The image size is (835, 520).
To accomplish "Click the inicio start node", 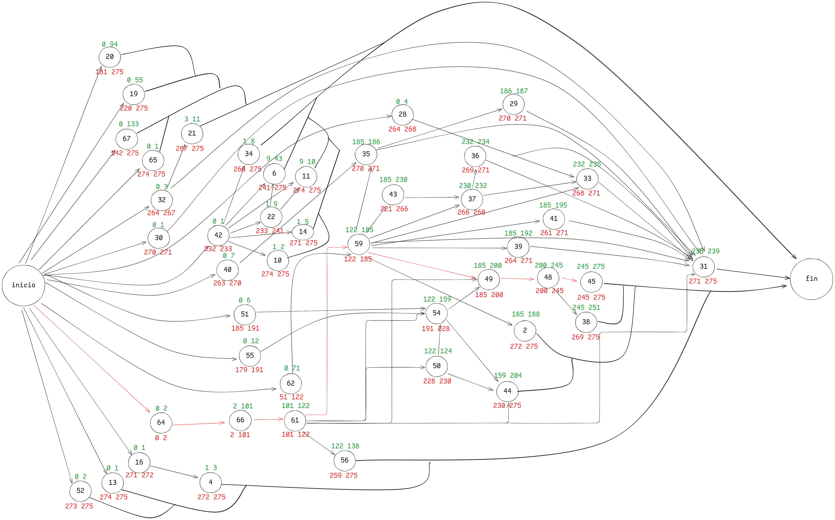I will coord(23,285).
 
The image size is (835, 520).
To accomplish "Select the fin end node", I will coord(811,279).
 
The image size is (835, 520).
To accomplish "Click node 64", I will coord(161,422).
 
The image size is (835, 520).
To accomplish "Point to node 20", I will coord(110,57).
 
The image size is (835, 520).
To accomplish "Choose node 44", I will coord(507,391).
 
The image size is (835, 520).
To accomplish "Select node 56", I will coord(345,460).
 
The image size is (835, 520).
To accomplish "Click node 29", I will coord(514,104).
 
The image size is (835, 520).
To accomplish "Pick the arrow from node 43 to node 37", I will coord(432,197).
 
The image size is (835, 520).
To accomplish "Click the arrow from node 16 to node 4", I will coord(174,472).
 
